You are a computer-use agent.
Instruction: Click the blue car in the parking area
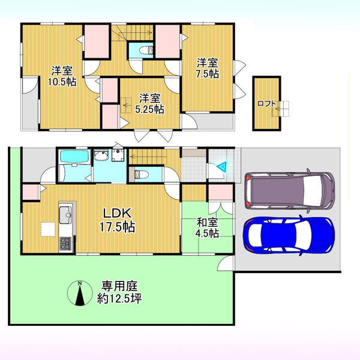(289, 236)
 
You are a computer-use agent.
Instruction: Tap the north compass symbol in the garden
(80, 293)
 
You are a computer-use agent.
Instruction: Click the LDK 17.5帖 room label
(118, 220)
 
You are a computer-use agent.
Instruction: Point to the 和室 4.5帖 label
(207, 228)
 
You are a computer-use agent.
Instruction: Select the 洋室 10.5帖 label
(62, 76)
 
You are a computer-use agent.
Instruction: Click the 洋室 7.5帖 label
(208, 68)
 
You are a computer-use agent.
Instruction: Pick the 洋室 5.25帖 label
(149, 104)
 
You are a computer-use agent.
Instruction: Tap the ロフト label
(266, 104)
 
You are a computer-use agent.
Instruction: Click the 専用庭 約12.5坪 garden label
(119, 292)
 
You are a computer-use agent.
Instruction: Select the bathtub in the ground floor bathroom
(74, 157)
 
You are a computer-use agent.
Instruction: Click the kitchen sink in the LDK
(65, 215)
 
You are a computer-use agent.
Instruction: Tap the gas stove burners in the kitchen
(65, 244)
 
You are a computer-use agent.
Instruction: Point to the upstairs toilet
(146, 50)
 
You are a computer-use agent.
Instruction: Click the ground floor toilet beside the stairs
(140, 174)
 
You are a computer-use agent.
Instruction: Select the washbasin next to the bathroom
(101, 155)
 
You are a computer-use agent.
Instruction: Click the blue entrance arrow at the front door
(222, 166)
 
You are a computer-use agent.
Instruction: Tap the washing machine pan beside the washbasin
(118, 155)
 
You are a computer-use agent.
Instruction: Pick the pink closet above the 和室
(221, 192)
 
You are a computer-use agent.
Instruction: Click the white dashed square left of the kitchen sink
(48, 229)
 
